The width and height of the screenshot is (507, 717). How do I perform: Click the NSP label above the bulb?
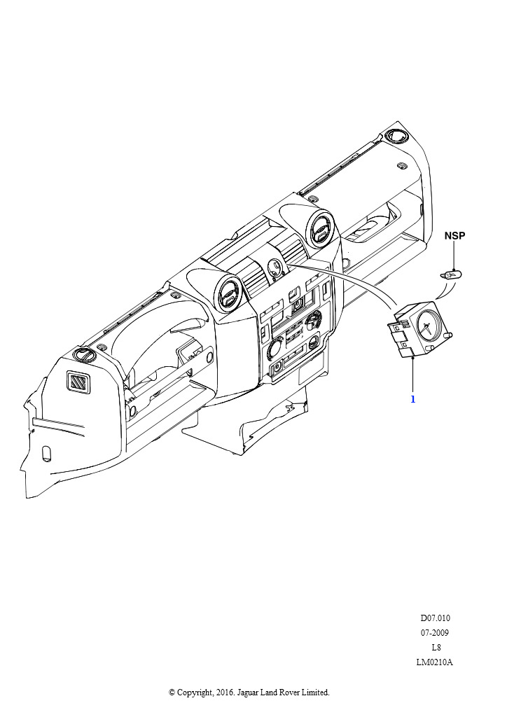[454, 235]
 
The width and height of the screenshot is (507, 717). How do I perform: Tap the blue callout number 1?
[413, 399]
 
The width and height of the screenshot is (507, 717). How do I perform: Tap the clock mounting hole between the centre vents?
[275, 267]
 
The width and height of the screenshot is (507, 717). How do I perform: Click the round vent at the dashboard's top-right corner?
[394, 136]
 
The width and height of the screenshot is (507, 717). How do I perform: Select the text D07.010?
[436, 618]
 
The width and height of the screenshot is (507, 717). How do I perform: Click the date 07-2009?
[435, 633]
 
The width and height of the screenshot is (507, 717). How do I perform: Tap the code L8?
[436, 648]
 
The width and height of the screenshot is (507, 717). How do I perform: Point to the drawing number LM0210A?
[434, 662]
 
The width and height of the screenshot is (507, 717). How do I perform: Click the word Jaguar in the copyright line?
[248, 692]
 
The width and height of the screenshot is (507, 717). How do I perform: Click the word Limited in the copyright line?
[315, 692]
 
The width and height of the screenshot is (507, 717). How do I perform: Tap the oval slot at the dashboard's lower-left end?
[46, 452]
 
